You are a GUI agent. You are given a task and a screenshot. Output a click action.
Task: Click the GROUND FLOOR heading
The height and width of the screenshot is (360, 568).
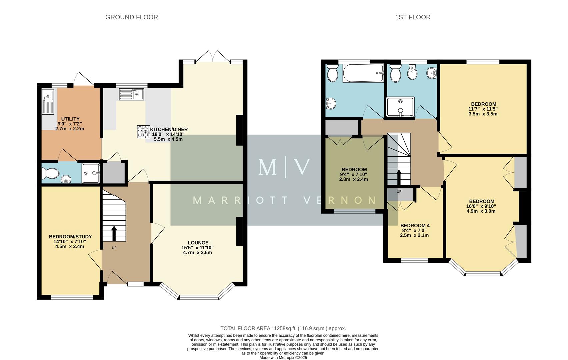pos(131,17)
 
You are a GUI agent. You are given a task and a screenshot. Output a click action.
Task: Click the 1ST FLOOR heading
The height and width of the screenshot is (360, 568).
pos(412,17)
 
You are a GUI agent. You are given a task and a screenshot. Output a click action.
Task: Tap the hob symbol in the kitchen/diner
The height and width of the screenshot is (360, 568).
pos(143,131)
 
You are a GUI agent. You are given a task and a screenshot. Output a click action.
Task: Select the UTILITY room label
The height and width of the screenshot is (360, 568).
pos(70,119)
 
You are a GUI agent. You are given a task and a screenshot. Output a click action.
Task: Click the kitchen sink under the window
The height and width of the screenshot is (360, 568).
pos(131,94)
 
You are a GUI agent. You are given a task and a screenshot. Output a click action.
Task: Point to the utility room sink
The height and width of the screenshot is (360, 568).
pos(48,101)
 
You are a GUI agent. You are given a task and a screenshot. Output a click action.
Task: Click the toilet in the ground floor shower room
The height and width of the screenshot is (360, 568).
pos(50,173)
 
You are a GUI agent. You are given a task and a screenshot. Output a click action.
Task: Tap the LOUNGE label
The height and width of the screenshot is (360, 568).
pos(198,243)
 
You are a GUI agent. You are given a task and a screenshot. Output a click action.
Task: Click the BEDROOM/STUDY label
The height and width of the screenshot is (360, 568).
pos(70,237)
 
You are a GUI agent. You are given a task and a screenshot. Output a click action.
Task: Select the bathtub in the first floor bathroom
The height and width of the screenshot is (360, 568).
pos(363,73)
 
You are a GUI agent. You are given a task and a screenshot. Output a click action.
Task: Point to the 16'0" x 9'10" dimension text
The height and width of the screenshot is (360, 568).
pos(481,206)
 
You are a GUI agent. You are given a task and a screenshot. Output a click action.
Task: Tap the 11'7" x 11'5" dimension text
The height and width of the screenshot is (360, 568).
pos(483,109)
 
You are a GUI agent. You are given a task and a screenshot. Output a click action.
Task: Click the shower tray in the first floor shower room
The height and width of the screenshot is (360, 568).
pos(400,107)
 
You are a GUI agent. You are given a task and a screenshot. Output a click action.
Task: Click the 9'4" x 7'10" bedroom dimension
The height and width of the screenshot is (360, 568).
pos(354,174)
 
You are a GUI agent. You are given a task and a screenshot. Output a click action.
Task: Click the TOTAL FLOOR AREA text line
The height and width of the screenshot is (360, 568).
pos(283,328)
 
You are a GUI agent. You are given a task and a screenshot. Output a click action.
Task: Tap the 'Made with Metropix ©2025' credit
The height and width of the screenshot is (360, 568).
pos(283,357)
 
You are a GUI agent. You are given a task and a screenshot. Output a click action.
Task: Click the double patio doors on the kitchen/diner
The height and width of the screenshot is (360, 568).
pos(213,57)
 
